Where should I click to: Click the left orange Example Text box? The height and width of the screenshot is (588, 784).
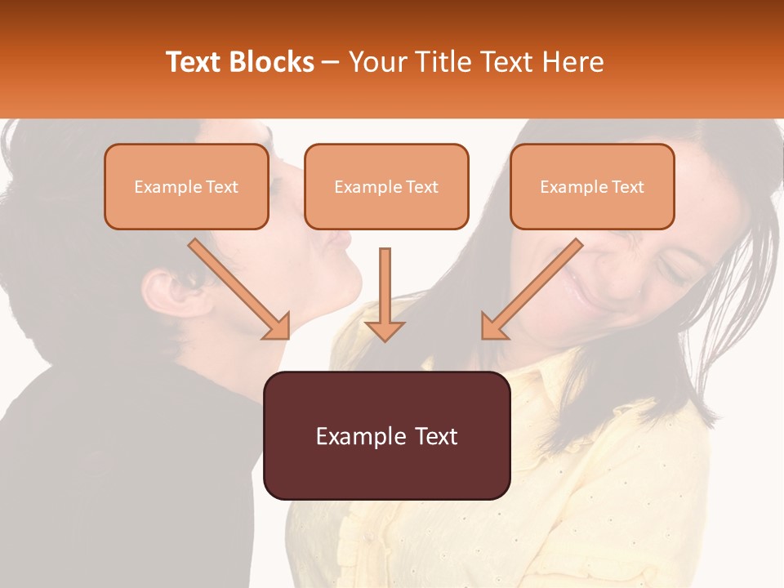pyautogui.click(x=186, y=187)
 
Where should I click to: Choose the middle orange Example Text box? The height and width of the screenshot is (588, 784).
pyautogui.click(x=386, y=187)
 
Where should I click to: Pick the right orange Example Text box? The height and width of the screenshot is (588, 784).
pyautogui.click(x=592, y=187)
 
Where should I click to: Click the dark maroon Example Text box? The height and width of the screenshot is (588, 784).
pyautogui.click(x=386, y=436)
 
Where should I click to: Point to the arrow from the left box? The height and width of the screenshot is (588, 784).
pyautogui.click(x=239, y=289)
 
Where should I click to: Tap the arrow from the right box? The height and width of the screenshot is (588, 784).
pyautogui.click(x=532, y=289)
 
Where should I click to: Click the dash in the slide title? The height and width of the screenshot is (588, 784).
pyautogui.click(x=331, y=63)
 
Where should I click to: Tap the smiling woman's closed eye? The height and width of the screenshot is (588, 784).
pyautogui.click(x=674, y=269)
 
